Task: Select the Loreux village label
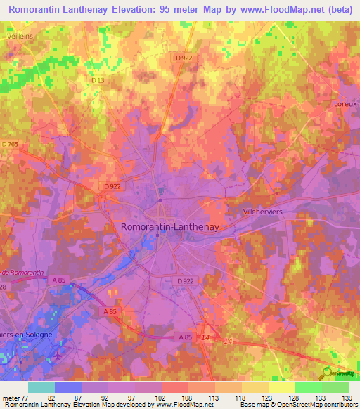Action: click(345, 103)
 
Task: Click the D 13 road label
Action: click(98, 81)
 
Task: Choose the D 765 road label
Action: click(11, 144)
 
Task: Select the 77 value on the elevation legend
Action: click(29, 398)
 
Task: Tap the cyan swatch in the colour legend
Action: click(41, 387)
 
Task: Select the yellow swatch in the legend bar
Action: click(281, 387)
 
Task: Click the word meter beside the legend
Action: click(11, 398)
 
